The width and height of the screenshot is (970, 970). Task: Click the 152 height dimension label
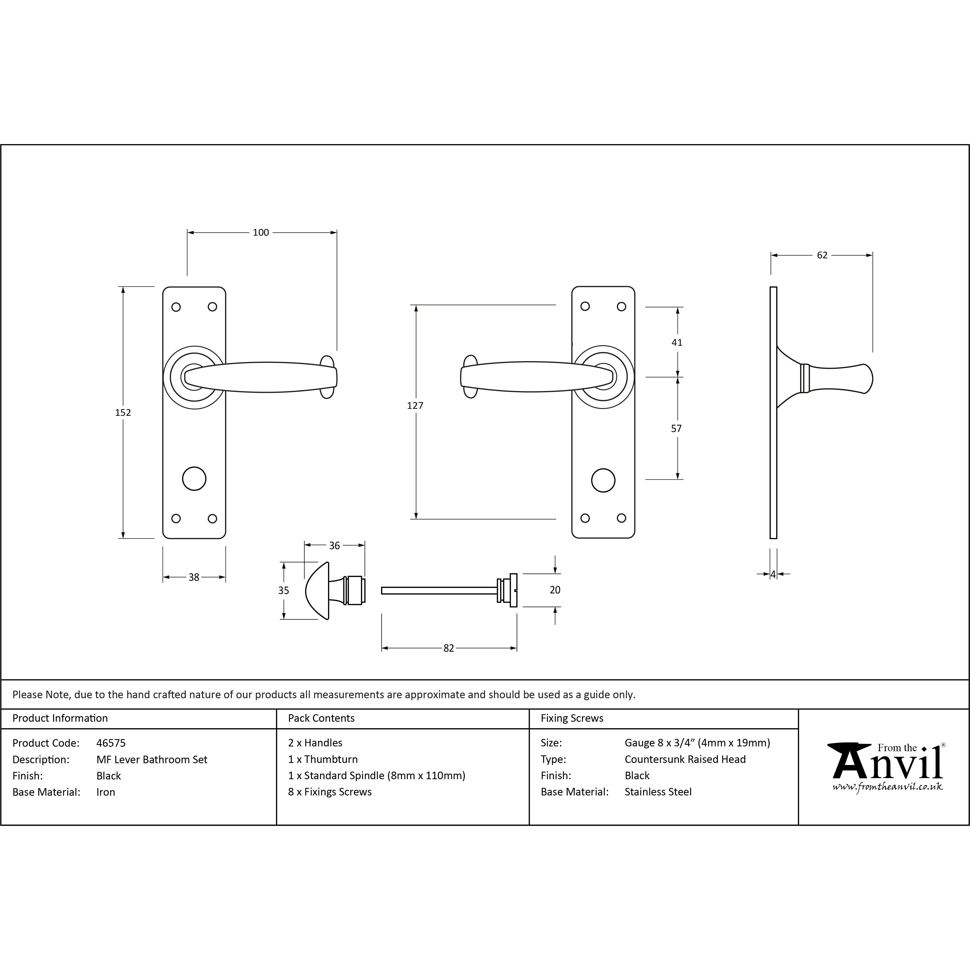tap(123, 413)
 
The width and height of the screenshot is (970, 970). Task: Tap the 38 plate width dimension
tap(194, 577)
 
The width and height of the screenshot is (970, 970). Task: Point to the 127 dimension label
tap(415, 406)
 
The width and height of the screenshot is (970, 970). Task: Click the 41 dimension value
tap(677, 342)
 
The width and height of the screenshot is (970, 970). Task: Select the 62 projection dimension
tap(822, 255)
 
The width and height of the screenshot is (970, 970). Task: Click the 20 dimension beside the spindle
tap(555, 590)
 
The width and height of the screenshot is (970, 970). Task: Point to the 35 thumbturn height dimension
tap(284, 590)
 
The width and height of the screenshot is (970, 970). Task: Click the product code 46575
tap(111, 743)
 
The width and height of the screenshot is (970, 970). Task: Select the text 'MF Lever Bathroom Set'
tap(152, 760)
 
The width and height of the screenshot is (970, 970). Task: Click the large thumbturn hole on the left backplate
tap(194, 479)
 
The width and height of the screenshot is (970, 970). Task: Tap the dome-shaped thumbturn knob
tap(317, 590)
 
